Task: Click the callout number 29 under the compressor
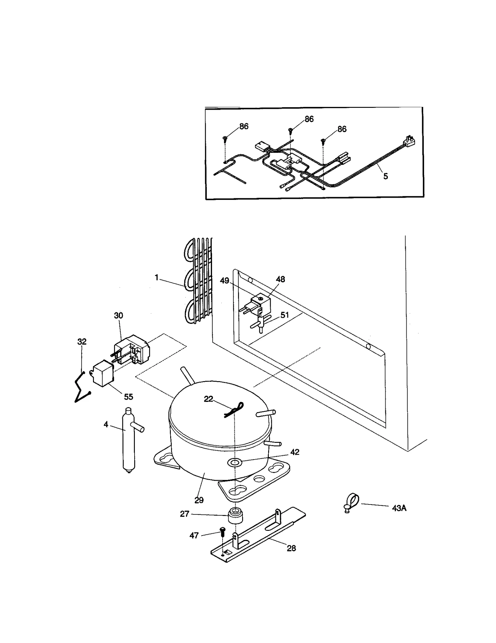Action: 199,500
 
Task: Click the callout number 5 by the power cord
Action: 385,176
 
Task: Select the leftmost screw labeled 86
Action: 225,138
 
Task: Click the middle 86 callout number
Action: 309,119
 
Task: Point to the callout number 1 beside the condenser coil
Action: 157,278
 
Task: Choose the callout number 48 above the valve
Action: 280,279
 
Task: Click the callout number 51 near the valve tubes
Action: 285,315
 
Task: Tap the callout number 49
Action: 224,281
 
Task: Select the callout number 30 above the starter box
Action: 118,315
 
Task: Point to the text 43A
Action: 399,508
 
